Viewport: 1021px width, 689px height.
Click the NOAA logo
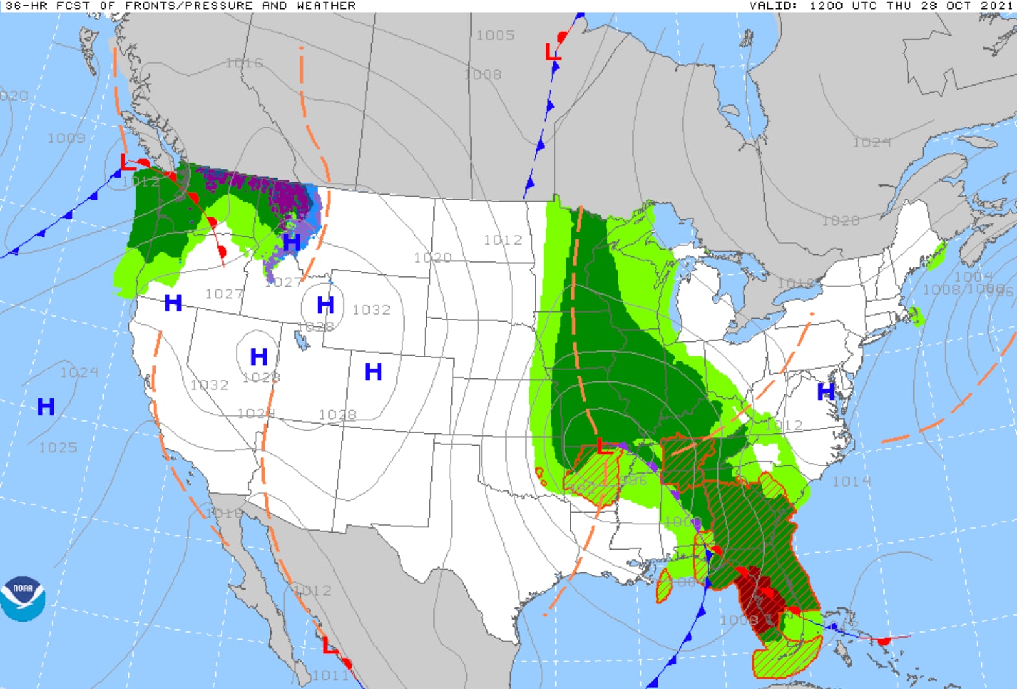pos(23,598)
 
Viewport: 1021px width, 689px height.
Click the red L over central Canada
pos(552,51)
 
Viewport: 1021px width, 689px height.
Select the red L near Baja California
pos(330,646)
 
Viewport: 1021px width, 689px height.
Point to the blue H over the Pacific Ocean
pos(46,407)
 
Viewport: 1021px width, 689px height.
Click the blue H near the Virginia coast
pos(825,392)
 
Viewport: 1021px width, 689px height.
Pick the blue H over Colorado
pos(373,372)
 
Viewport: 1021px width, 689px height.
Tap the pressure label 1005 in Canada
pos(495,35)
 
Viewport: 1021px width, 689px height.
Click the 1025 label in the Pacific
pos(58,448)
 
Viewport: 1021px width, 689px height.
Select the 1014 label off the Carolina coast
pos(851,481)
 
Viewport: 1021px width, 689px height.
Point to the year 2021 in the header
pos(996,6)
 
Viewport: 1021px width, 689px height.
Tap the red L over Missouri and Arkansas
pos(604,446)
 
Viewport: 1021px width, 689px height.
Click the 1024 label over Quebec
pos(871,142)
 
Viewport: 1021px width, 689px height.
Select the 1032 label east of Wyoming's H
pos(371,310)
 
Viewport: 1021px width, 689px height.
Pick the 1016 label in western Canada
pos(244,63)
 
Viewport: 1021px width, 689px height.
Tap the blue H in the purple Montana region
pos(291,242)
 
